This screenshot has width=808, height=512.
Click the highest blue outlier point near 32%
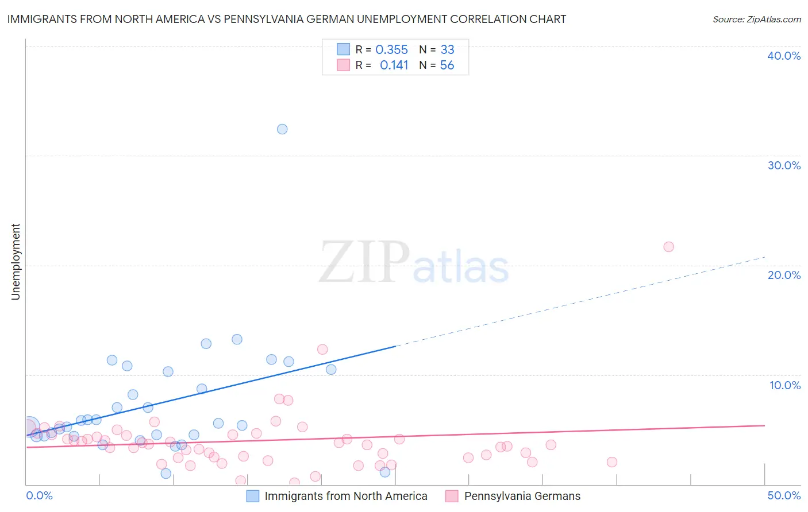(x=282, y=129)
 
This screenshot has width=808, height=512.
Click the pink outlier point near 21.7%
(x=668, y=247)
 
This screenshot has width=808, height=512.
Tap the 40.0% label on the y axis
(x=784, y=56)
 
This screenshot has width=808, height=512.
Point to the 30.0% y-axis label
(x=784, y=165)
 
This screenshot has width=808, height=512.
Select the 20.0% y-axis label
(x=784, y=275)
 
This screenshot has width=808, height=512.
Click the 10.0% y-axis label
(x=784, y=385)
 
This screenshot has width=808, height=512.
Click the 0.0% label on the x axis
(x=39, y=495)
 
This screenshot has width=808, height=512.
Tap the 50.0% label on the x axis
(x=784, y=495)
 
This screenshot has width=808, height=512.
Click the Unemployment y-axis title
(x=16, y=262)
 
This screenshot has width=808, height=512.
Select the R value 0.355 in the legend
(x=391, y=50)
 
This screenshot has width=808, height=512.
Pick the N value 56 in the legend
(x=447, y=65)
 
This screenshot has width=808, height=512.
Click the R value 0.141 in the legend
(x=394, y=65)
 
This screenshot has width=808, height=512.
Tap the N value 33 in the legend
(x=447, y=50)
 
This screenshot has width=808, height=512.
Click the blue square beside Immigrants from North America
(x=253, y=496)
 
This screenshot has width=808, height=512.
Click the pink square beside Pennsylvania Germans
(x=452, y=496)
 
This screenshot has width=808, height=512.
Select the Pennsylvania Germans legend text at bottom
(x=522, y=496)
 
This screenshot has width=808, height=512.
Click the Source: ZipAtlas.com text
(x=756, y=20)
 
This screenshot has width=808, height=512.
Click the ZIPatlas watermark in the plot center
(x=414, y=263)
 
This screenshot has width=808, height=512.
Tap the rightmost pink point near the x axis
(x=611, y=462)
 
